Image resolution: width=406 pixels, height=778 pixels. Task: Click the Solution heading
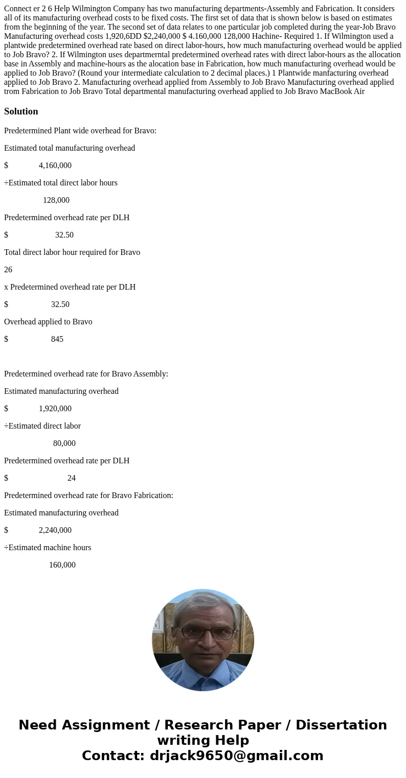[x=21, y=111]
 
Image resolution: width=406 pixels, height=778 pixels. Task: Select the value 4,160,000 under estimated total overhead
[x=55, y=166]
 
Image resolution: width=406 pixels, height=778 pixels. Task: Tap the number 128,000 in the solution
[x=56, y=200]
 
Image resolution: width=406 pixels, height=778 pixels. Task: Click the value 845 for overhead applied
[x=57, y=339]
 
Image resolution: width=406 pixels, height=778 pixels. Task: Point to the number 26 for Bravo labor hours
[x=8, y=270]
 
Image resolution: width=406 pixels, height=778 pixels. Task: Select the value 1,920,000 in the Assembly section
[x=55, y=409]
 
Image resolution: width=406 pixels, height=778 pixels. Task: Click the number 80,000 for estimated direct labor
[x=64, y=443]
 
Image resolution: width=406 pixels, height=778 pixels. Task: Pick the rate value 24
[x=72, y=478]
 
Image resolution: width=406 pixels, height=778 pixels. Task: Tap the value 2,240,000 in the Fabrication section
[x=55, y=530]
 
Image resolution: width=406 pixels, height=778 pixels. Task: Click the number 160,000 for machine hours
[x=62, y=565]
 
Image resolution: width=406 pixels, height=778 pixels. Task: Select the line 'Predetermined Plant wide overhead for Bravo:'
[x=80, y=131]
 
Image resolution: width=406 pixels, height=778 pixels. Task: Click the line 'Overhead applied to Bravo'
[x=48, y=322]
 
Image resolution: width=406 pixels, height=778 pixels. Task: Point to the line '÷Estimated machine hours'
[x=48, y=548]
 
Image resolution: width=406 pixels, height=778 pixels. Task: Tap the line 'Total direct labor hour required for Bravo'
[x=72, y=252]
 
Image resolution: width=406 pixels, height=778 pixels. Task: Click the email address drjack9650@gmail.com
[x=236, y=756]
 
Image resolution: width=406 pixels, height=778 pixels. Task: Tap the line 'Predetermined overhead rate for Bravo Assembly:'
[x=86, y=374]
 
